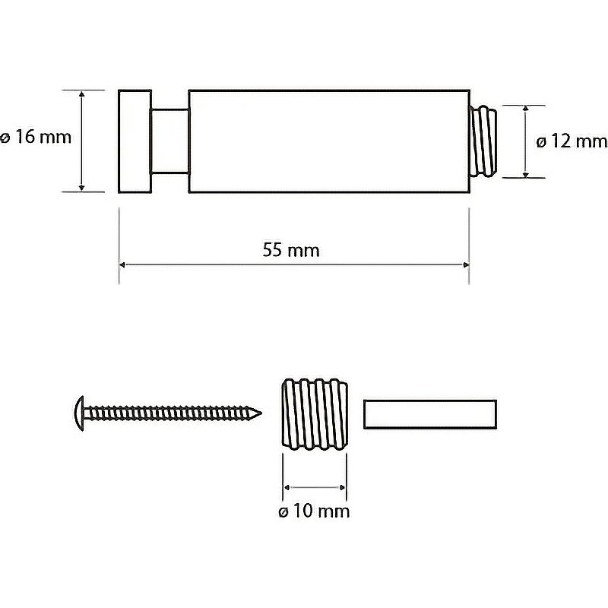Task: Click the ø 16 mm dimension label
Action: point(36,138)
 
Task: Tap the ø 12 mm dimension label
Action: point(572,141)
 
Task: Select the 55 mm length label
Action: point(291,250)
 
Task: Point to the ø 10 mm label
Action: point(314,511)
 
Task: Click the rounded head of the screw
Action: point(79,413)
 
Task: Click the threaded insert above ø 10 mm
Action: point(315,414)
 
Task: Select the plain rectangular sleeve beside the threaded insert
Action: point(430,414)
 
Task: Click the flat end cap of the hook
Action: point(135,141)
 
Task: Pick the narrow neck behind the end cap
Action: point(169,141)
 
